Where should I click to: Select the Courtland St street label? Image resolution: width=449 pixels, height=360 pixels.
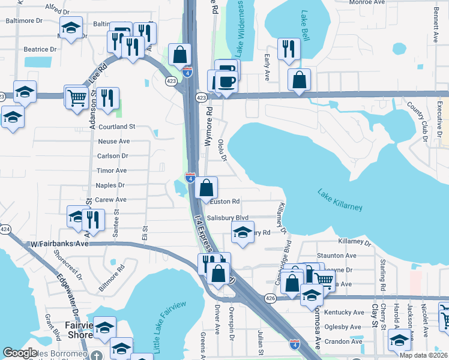[117, 127]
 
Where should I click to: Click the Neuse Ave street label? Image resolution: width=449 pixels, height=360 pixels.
[114, 142]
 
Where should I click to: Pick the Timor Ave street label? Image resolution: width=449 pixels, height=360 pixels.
[112, 171]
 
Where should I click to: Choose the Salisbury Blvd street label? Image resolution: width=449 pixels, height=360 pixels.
[227, 218]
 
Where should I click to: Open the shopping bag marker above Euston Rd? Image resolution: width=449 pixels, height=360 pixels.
[206, 188]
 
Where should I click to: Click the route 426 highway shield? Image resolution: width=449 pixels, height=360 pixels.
[270, 298]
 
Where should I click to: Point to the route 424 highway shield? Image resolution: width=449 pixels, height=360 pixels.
[5, 229]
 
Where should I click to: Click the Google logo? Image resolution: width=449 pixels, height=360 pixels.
[20, 353]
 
